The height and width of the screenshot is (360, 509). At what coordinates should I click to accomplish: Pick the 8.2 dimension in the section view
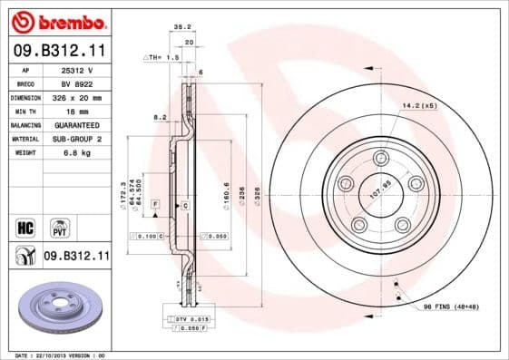pos(160,117)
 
